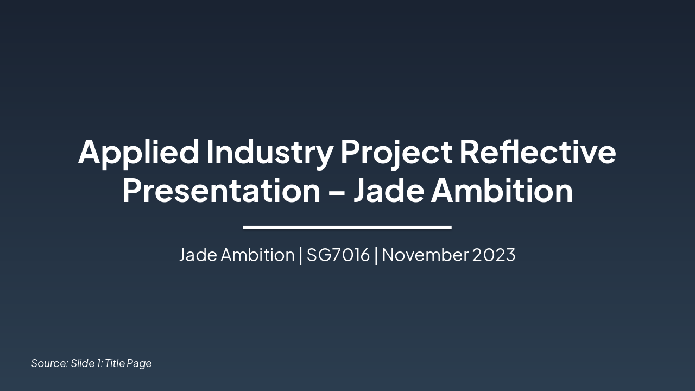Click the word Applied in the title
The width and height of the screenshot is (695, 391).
coord(138,152)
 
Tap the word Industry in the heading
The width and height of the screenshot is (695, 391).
coord(269,152)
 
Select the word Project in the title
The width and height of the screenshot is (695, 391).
coord(396,152)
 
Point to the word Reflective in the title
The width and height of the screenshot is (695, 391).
coord(538,152)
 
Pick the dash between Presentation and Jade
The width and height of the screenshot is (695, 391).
coord(337,192)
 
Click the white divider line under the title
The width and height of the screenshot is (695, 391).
coord(347,227)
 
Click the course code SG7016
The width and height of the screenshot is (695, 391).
coord(338,255)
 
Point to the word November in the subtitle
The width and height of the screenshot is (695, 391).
coord(425,255)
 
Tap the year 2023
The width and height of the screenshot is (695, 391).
coord(494,255)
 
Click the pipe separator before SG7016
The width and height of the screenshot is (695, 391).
coord(301,255)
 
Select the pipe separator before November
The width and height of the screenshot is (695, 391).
coord(376,255)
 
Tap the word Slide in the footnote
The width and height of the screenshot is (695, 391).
coord(83,363)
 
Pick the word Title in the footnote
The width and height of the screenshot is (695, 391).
coord(115,363)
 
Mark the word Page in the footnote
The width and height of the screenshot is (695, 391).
coord(139,363)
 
